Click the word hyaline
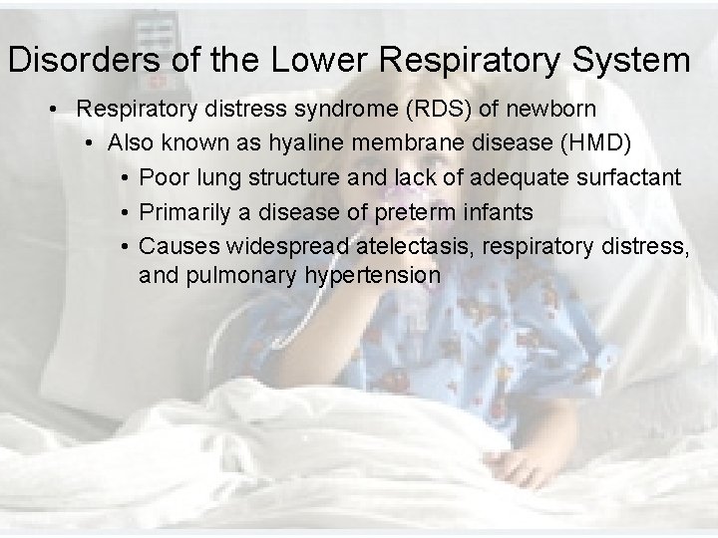(x=307, y=143)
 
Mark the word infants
(x=501, y=212)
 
